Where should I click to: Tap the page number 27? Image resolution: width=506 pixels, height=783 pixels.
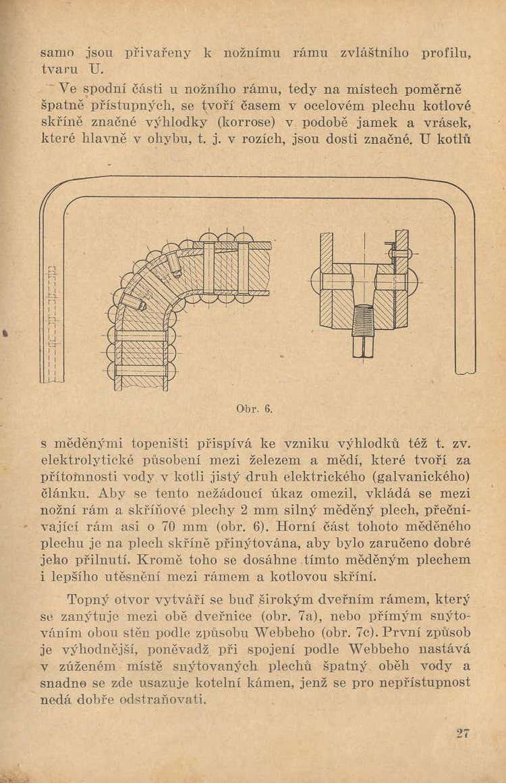pos(462,734)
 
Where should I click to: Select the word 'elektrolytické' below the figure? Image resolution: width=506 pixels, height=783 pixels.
pos(86,462)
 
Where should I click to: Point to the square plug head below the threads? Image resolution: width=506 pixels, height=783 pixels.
pos(363,346)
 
